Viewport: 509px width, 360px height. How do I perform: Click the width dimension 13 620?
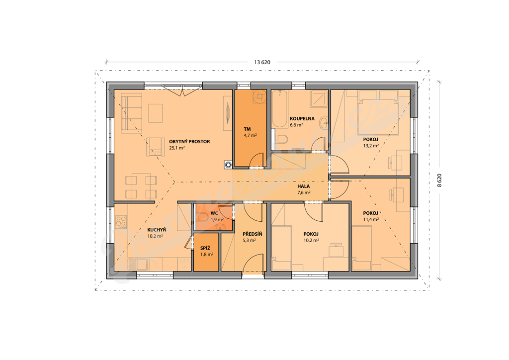[262, 62]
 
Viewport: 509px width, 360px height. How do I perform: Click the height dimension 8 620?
[439, 180]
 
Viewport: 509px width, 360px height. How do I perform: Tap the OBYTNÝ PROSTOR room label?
[189, 142]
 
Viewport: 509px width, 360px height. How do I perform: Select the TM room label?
[247, 129]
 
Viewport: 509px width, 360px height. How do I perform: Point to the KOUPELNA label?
[302, 118]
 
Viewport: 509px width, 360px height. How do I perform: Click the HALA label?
[304, 186]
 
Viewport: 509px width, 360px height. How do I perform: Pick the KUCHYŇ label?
[157, 230]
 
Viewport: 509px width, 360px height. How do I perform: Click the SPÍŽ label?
[205, 248]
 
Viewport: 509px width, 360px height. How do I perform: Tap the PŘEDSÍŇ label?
[252, 234]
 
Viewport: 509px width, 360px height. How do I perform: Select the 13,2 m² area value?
[371, 146]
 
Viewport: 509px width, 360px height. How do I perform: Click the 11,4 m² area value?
[371, 219]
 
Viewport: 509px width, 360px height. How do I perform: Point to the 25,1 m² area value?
[177, 148]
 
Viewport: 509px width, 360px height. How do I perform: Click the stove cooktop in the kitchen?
[121, 222]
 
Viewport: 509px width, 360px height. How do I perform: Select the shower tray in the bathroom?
[319, 98]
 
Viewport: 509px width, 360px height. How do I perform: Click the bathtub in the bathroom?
[279, 109]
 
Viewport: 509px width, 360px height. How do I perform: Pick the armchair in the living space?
[155, 147]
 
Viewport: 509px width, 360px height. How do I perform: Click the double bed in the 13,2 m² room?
[378, 112]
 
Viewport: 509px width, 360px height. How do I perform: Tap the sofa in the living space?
[131, 113]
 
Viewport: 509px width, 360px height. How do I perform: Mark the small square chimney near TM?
[228, 165]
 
